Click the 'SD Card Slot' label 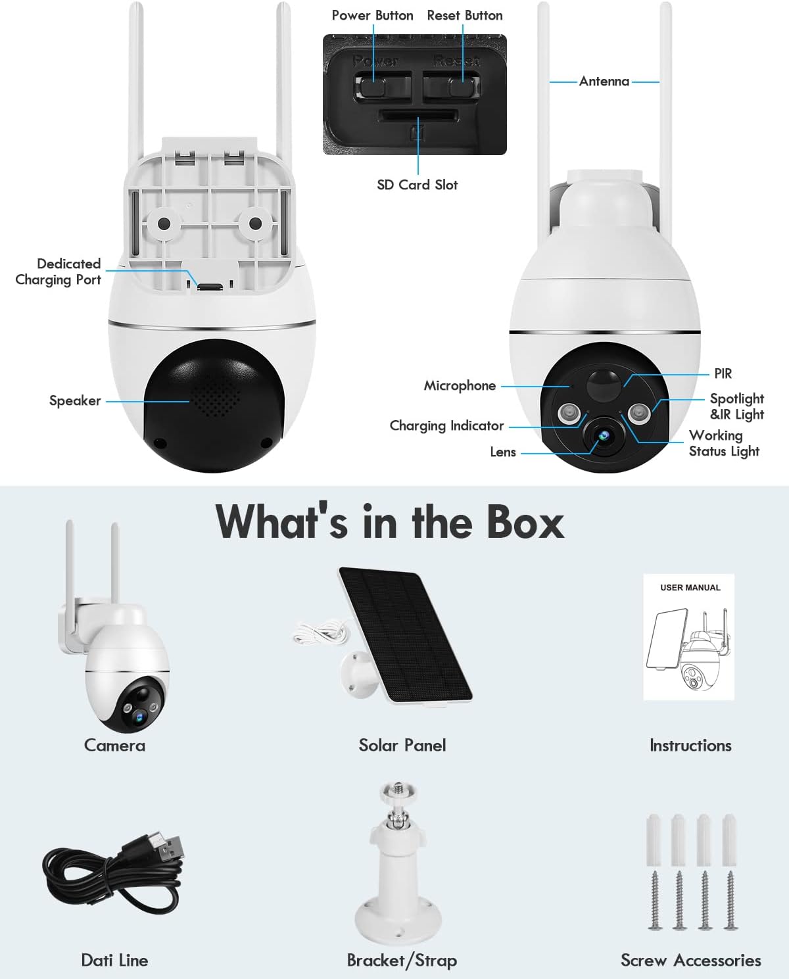coord(417,185)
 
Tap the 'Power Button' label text coord(372,15)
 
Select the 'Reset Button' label coord(464,15)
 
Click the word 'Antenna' coord(604,82)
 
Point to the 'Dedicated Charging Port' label coord(59,272)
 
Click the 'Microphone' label coord(460,386)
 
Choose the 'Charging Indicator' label coord(446,426)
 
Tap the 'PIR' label coord(723,373)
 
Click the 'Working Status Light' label coord(723,443)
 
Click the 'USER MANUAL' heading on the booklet coord(690,588)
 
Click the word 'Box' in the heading coord(525,522)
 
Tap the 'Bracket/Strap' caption coord(402,961)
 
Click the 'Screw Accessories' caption coord(690,961)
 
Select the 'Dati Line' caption coord(114,961)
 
